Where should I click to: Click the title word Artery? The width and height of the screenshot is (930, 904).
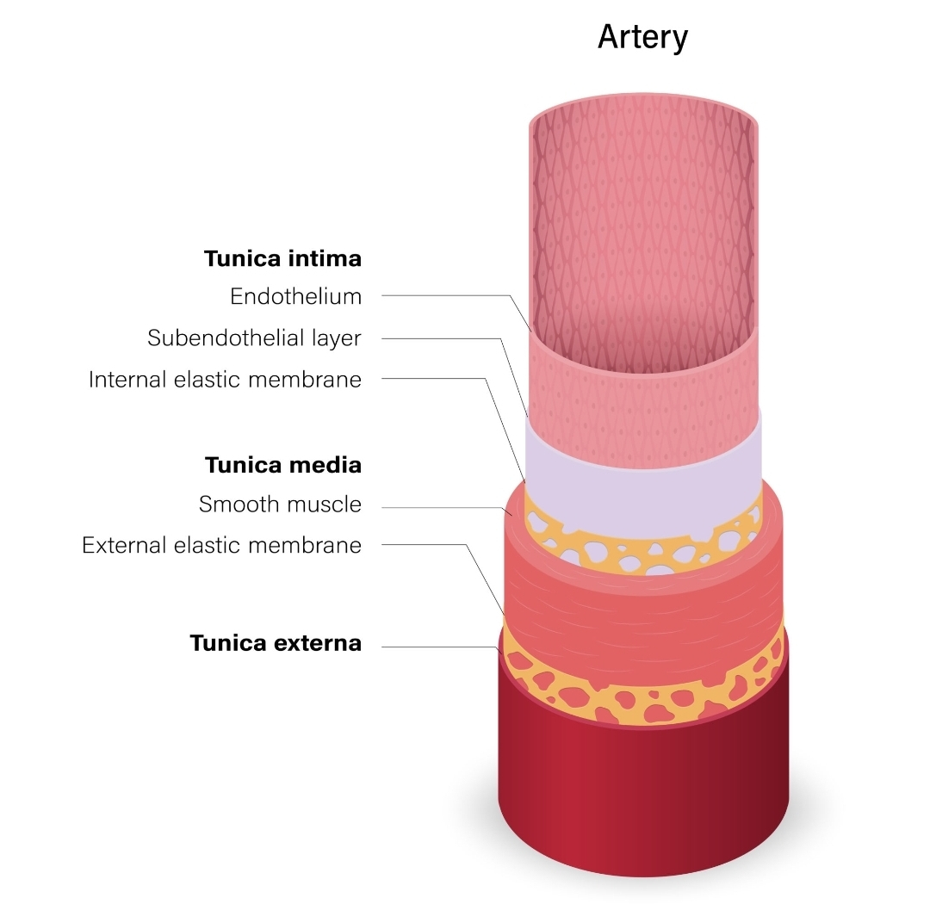(x=642, y=38)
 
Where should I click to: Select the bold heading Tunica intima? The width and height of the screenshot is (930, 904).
(x=282, y=258)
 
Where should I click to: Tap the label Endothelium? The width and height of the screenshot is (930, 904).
(x=295, y=296)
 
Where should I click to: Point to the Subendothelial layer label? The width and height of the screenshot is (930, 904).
(x=254, y=337)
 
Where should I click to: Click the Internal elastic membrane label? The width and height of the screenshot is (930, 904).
(x=225, y=379)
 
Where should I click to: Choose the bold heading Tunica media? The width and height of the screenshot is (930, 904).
(x=282, y=466)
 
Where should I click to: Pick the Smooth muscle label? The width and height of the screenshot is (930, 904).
(x=280, y=504)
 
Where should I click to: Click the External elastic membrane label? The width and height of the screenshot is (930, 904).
(x=221, y=545)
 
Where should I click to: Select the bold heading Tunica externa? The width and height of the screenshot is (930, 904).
(x=276, y=643)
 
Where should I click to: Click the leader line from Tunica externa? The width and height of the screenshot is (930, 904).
(x=439, y=647)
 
